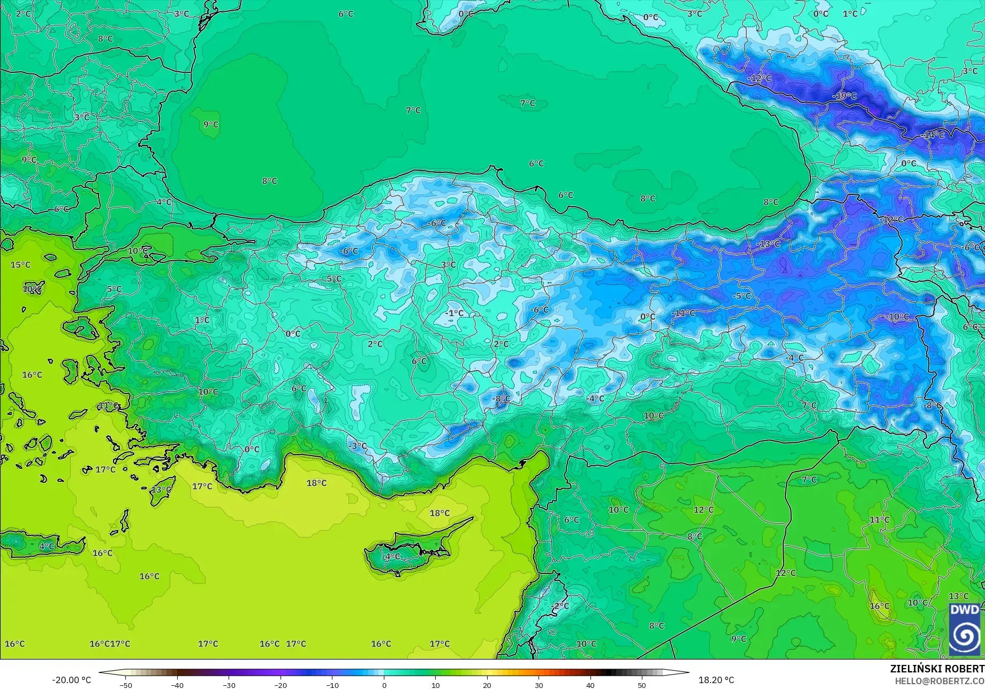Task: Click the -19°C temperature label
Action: [x=845, y=96]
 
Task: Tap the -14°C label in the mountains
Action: [x=934, y=135]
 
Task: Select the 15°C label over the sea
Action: [x=20, y=264]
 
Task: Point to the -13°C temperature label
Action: [x=769, y=244]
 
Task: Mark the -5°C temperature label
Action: [x=742, y=296]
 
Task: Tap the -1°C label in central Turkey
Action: [x=454, y=313]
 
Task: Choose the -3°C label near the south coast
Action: [x=358, y=445]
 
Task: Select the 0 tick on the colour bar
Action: [x=384, y=685]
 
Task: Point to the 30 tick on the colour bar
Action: [x=539, y=685]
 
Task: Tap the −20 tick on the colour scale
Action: [x=280, y=685]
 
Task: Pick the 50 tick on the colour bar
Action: [x=642, y=685]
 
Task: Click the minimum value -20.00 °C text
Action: [x=71, y=680]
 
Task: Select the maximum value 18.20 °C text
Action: [x=716, y=680]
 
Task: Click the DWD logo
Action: [x=965, y=629]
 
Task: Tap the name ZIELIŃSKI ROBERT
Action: [x=937, y=669]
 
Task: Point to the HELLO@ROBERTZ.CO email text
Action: [x=939, y=680]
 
